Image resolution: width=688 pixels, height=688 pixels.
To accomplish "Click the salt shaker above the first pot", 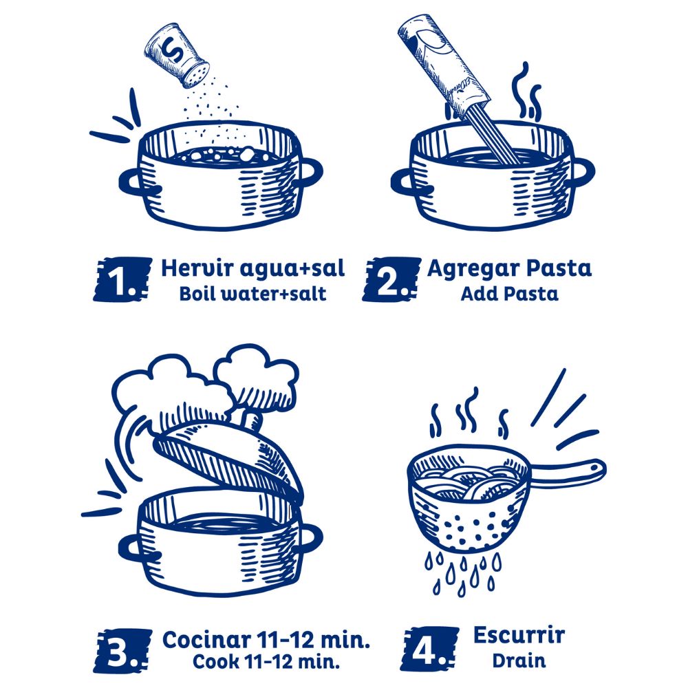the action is (177, 55).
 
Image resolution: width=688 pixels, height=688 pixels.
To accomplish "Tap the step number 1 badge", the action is (122, 279).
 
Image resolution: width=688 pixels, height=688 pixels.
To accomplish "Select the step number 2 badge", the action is (391, 279).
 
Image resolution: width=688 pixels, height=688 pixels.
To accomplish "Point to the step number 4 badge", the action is (429, 649).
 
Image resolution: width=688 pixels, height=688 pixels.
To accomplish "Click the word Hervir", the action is (197, 268).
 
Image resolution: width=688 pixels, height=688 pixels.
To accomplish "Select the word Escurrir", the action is (519, 635).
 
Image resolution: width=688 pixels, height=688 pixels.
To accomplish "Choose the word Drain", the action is (519, 660).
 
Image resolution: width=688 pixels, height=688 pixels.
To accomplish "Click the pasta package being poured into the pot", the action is (443, 66).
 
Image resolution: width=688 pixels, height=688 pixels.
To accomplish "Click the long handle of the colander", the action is (568, 473).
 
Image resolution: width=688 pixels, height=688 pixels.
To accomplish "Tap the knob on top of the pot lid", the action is (252, 420).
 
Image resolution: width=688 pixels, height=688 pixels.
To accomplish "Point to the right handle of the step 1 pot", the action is (311, 173).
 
